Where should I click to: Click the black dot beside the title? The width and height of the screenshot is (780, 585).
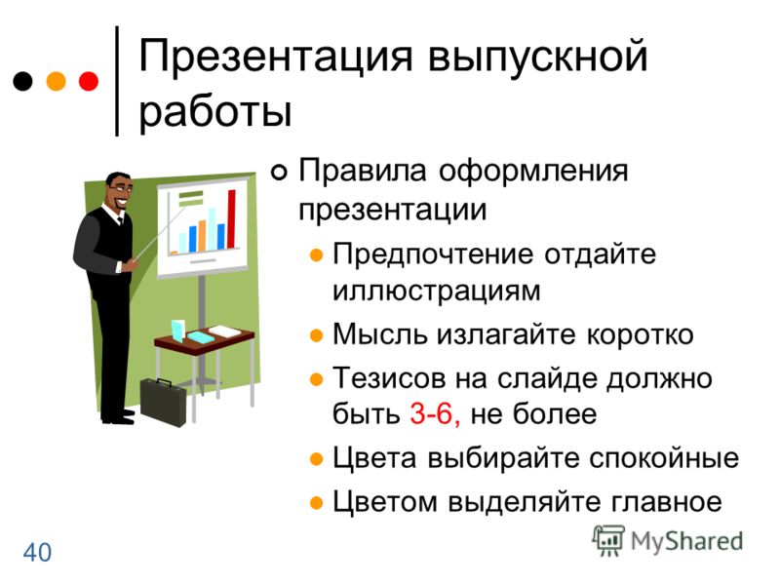coord(22,81)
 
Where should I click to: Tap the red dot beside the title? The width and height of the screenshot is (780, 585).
coord(89,81)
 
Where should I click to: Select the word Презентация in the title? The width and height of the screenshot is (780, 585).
coord(276,58)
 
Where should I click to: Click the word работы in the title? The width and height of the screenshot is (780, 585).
coord(215,111)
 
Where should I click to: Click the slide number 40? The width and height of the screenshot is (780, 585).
coord(37,552)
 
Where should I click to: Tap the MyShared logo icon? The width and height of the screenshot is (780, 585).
coord(607,541)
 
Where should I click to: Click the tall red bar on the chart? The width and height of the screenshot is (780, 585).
coord(231,218)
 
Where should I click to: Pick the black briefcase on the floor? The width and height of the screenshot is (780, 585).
coord(163,402)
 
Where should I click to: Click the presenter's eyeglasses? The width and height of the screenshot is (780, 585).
coord(121,189)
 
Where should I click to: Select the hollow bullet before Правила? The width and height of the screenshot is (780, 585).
coord(279,173)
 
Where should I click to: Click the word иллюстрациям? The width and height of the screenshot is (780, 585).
coord(436,291)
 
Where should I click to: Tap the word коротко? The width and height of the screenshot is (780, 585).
coord(641,334)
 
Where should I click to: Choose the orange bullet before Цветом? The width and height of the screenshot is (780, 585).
coord(316,502)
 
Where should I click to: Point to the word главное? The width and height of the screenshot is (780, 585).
coord(666,501)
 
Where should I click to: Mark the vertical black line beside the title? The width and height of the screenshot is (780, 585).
coord(117,81)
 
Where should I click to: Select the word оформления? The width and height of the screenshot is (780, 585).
coord(533,172)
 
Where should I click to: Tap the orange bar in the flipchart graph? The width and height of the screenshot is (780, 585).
coord(202,236)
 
